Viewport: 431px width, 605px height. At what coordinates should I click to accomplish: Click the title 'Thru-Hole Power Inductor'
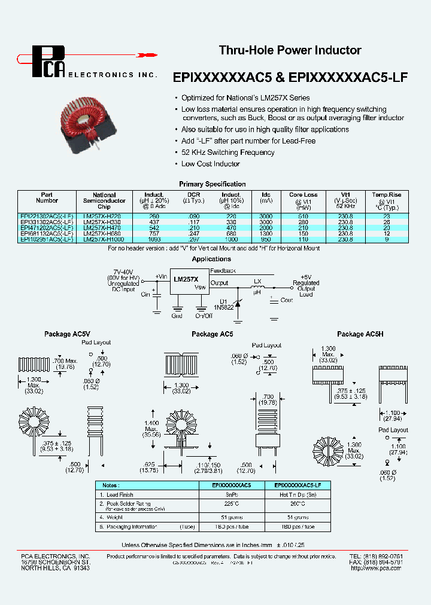pos(290,51)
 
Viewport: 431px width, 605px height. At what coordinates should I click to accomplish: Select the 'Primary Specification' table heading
pos(212,184)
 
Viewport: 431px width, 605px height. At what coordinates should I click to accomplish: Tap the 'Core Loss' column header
pos(303,195)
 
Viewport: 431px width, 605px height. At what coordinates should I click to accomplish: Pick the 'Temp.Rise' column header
pos(386,195)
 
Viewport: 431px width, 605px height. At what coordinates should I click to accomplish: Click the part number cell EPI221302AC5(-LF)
pos(47,216)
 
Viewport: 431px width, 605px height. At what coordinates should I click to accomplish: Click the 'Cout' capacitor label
pos(287,300)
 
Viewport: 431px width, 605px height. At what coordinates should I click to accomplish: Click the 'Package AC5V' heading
pos(67,334)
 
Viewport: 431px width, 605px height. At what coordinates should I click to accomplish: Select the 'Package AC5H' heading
pos(360,334)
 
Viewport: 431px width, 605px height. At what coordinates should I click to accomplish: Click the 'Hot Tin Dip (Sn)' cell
pos(298,495)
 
